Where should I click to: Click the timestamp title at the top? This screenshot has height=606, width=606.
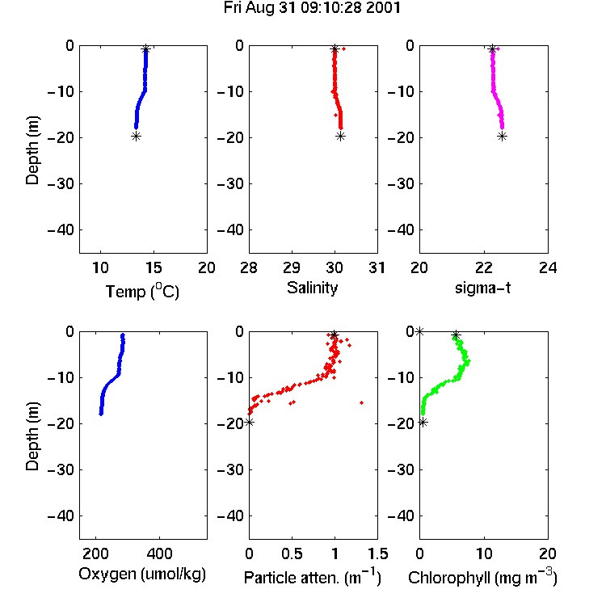point(312,8)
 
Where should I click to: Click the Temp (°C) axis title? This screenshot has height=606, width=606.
point(142,291)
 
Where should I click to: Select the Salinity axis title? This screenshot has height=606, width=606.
point(312,288)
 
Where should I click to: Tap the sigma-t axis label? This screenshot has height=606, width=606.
point(482,288)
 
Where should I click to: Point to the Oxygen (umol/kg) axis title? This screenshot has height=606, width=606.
point(142,574)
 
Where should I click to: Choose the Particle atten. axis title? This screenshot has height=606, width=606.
point(313,577)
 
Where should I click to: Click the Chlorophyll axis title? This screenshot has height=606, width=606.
point(482,577)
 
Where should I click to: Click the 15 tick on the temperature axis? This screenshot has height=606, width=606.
point(154,267)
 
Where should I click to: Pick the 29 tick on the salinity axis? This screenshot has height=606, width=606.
point(292,267)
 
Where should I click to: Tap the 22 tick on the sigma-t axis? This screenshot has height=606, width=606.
point(484,267)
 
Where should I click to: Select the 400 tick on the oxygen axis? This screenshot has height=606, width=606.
point(160,553)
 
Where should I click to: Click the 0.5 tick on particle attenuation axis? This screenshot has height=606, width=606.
point(292,553)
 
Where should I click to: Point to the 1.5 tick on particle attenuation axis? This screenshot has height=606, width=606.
point(377,553)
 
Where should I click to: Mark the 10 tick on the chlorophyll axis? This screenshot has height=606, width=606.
point(484,553)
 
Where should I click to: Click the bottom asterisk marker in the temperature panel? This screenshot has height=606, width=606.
point(136,136)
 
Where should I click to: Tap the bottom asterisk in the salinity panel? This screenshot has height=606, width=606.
point(340,136)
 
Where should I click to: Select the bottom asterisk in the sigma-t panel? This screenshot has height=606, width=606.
point(502,136)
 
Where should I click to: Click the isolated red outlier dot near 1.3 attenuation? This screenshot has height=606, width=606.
point(362,402)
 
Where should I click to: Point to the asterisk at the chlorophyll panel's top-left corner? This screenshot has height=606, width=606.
point(419,331)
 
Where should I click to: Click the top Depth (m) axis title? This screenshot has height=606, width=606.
point(32,150)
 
